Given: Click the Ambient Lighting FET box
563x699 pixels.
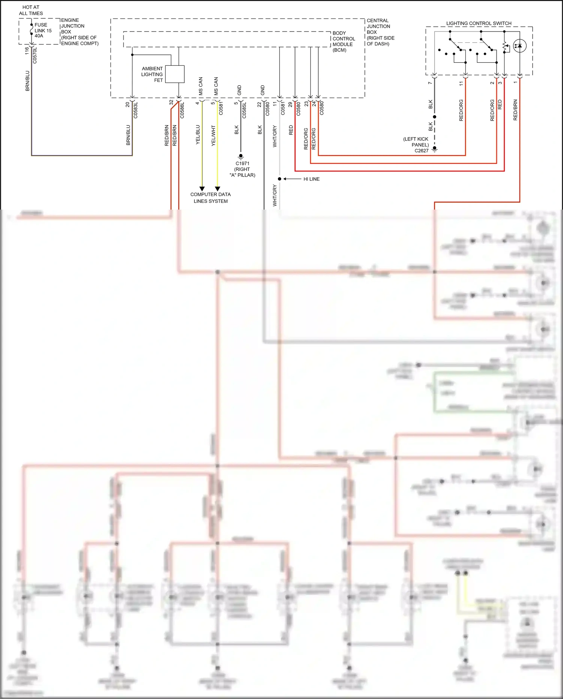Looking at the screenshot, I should (x=175, y=74).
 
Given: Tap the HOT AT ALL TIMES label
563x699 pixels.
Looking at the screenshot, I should (x=31, y=10).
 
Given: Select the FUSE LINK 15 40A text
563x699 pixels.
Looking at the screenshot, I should (x=43, y=30).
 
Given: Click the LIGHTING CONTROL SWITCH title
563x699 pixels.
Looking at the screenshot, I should (x=479, y=23).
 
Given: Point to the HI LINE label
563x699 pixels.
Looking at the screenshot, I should (x=312, y=179).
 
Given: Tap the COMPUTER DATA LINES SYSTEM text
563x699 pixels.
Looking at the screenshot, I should (x=210, y=198).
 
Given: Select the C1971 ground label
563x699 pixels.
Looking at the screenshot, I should (x=242, y=169).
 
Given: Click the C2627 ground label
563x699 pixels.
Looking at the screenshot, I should (x=416, y=145).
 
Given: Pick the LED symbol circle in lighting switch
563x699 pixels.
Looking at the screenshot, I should (x=519, y=46).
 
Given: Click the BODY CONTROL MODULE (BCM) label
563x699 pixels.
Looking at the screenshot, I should (x=343, y=41).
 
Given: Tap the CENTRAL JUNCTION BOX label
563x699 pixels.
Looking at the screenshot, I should (x=380, y=32).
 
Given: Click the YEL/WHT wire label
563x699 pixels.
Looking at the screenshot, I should (x=213, y=135).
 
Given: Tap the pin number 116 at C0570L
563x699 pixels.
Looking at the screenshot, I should (x=27, y=51).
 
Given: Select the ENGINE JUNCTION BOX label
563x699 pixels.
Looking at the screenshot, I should (x=79, y=32).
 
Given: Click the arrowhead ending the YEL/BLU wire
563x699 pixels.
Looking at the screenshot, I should (x=202, y=189).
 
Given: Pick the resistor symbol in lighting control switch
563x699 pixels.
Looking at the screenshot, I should (x=505, y=47).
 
